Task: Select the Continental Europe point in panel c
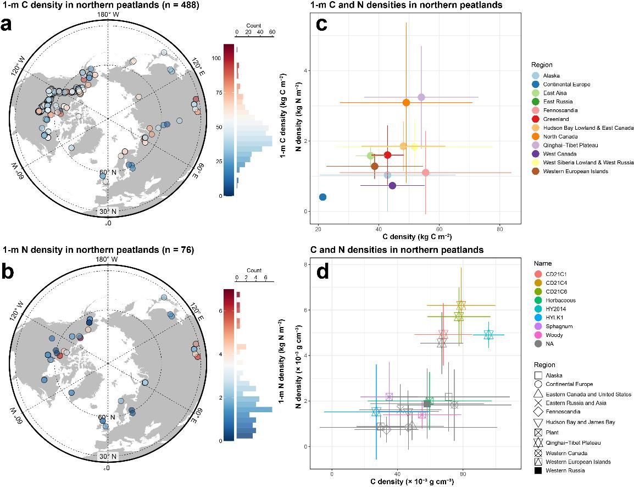322,197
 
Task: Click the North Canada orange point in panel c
406,103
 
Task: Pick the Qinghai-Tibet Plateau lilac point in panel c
421,97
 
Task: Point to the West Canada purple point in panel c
392,185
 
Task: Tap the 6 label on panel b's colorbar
219,311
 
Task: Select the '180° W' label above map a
107,14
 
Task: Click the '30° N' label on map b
108,456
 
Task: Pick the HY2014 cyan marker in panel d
488,335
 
